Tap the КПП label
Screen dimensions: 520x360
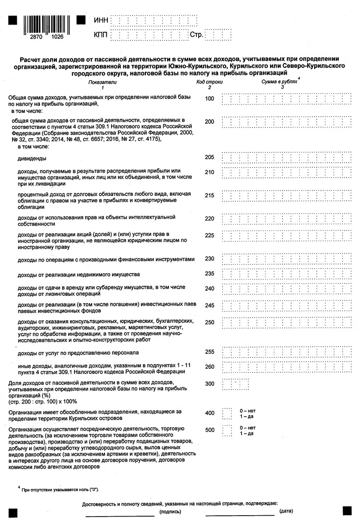point(101,35)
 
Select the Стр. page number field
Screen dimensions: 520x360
point(218,35)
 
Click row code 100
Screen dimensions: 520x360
point(209,99)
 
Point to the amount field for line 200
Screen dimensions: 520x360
point(286,122)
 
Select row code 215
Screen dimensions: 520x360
point(209,195)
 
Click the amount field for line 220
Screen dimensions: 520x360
point(286,218)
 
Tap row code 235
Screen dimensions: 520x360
point(209,273)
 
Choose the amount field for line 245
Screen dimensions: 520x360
point(286,305)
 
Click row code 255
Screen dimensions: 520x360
point(209,352)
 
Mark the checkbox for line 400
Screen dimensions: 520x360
point(227,413)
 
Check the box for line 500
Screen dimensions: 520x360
point(227,430)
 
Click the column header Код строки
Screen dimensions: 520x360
point(209,82)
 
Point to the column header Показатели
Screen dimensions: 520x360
point(102,82)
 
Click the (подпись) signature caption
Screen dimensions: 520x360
point(167,513)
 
